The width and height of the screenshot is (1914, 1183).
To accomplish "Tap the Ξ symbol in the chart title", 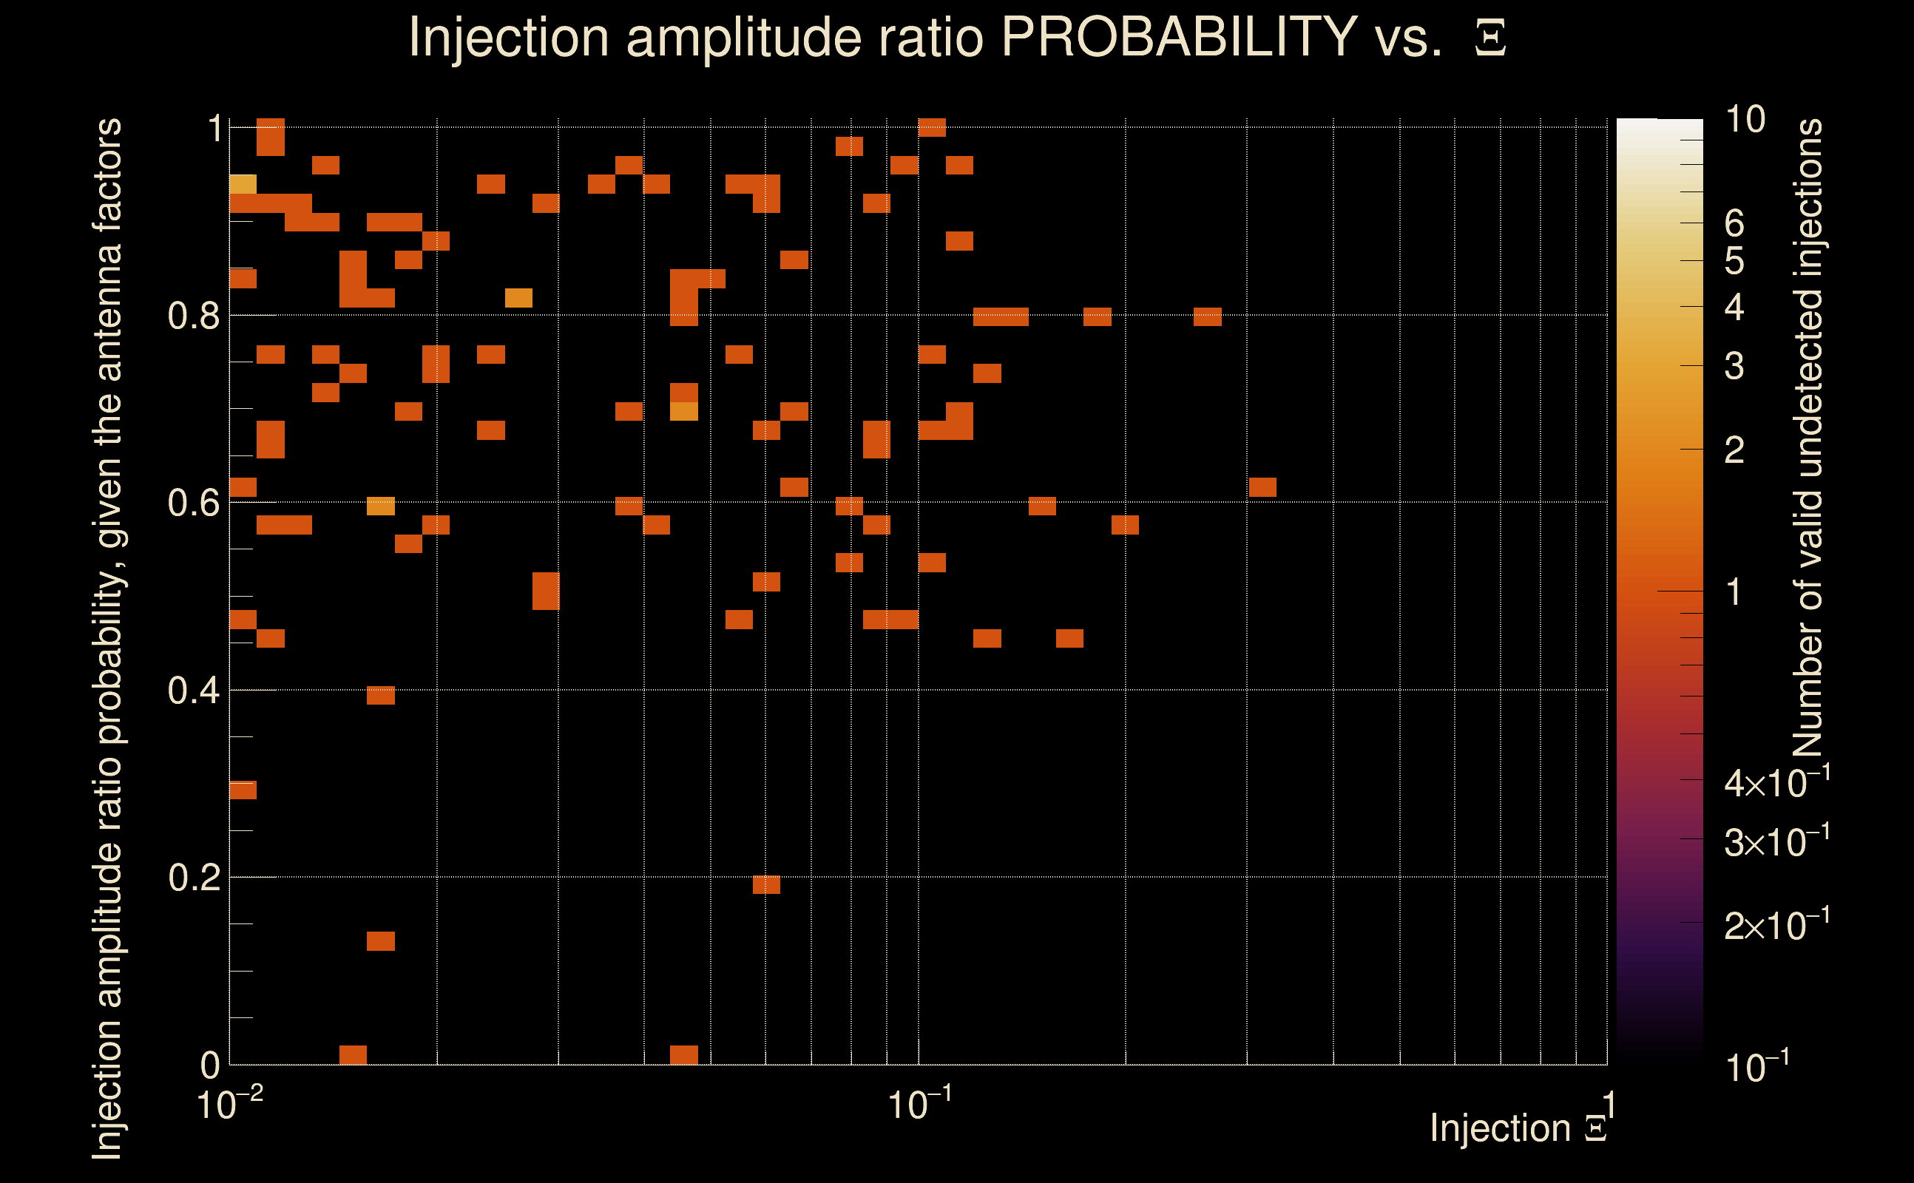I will click(1490, 38).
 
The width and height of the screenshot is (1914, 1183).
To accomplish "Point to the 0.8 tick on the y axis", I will click(193, 315).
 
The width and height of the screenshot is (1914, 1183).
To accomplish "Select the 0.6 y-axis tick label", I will click(193, 502).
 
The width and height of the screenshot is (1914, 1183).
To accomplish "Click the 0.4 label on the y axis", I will click(193, 690).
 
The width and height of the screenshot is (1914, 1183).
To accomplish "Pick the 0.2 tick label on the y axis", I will click(193, 877).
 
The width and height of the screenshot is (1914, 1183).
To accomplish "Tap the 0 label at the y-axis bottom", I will click(210, 1065).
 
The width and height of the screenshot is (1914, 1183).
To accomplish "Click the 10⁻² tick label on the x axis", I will click(229, 1104).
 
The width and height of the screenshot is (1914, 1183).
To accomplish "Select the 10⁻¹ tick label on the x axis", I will click(919, 1104).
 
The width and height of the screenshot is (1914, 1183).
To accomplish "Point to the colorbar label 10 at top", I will click(1745, 120).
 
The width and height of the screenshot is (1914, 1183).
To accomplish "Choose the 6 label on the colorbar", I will click(1734, 224).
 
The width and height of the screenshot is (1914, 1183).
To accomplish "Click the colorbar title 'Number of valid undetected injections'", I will click(1808, 438).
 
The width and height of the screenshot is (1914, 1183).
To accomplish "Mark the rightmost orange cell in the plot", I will click(1262, 487).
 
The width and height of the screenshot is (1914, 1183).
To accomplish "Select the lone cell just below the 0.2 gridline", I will click(766, 884).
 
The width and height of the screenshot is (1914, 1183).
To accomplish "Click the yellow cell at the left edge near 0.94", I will click(243, 184).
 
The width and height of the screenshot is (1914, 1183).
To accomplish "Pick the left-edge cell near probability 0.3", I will click(243, 790).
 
